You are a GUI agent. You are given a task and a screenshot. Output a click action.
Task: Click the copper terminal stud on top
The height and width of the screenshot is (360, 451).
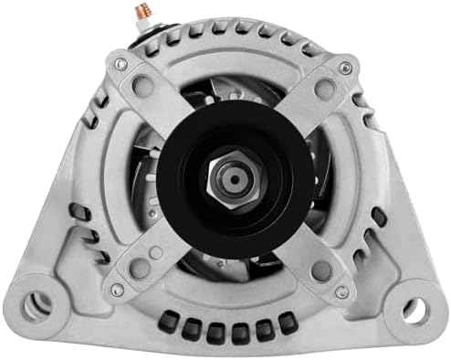click(x=144, y=12)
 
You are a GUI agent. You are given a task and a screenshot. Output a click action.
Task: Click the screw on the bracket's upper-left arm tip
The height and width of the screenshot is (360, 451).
click(x=121, y=64)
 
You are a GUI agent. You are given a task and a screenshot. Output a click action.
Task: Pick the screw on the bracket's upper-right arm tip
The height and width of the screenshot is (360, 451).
click(x=344, y=68)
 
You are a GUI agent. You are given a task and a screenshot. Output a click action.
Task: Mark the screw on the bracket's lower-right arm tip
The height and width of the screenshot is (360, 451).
click(x=341, y=291)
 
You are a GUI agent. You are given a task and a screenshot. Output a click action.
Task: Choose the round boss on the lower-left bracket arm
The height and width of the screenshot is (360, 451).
click(x=140, y=268)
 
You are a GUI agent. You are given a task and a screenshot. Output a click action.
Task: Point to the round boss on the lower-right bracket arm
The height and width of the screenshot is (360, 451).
click(x=319, y=270)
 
